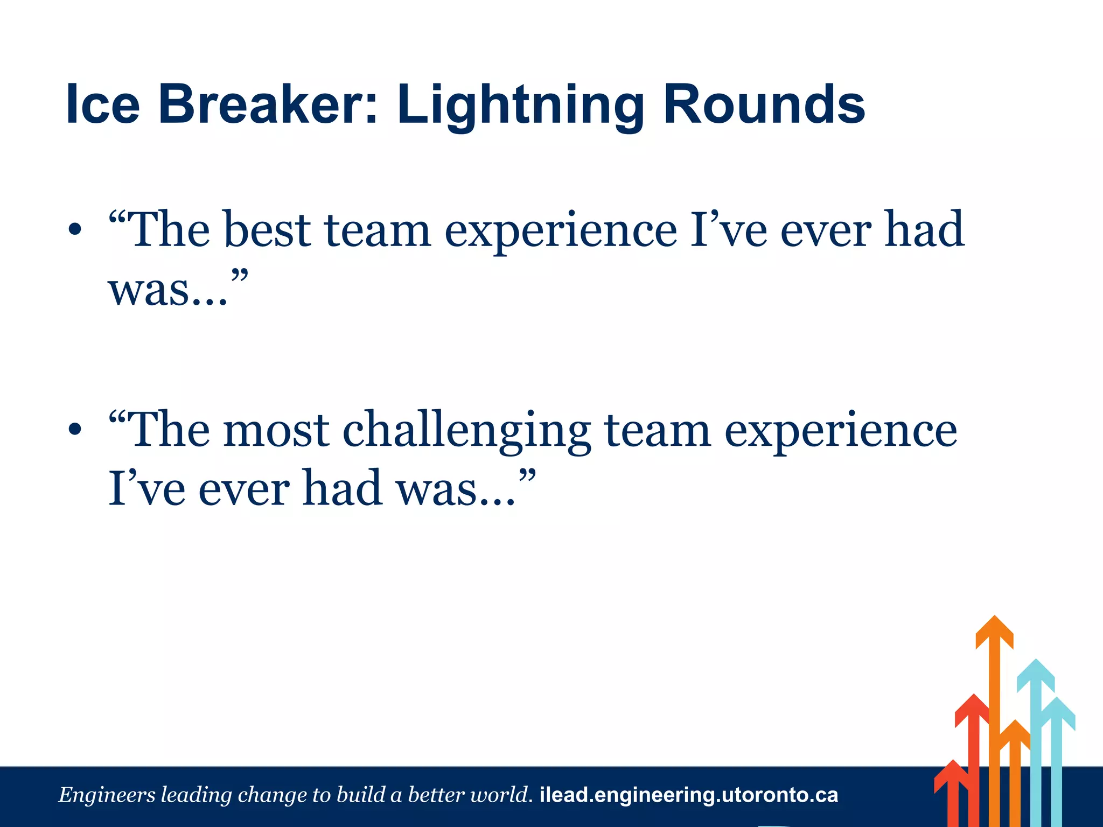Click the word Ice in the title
point(102,104)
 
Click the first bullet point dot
point(75,230)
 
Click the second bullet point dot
point(75,430)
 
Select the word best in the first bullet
point(267,230)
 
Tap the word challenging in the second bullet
point(466,431)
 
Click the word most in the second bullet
point(276,431)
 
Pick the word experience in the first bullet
point(560,232)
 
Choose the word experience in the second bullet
point(840,431)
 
